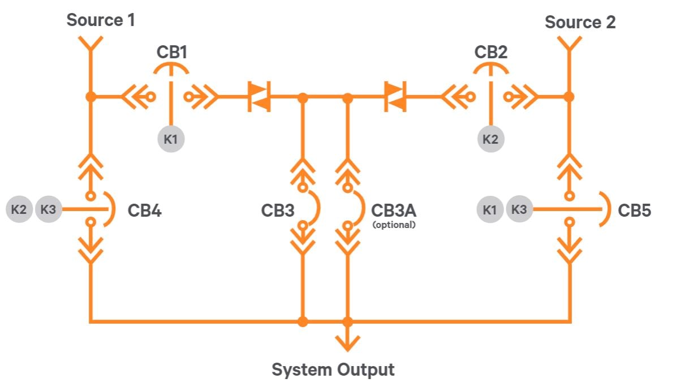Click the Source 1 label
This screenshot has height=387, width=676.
pyautogui.click(x=101, y=20)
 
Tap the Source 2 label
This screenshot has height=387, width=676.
pyautogui.click(x=580, y=22)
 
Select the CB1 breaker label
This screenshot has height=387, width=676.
pyautogui.click(x=171, y=53)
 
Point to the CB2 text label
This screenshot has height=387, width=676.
pyautogui.click(x=490, y=53)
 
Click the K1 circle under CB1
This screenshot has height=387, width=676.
pyautogui.click(x=171, y=139)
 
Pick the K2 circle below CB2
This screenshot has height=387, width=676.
pyautogui.click(x=490, y=139)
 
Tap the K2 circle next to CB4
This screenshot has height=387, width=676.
pyautogui.click(x=19, y=209)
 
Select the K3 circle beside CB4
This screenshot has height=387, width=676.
pyautogui.click(x=49, y=209)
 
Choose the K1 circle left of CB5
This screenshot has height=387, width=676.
pyautogui.click(x=490, y=209)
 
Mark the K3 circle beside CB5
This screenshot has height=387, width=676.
pyautogui.click(x=519, y=209)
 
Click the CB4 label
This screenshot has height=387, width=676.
pyautogui.click(x=144, y=211)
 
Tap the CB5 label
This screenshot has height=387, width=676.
pyautogui.click(x=634, y=211)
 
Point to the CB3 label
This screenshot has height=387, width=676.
pyautogui.click(x=277, y=211)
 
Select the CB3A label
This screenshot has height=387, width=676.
pyautogui.click(x=394, y=210)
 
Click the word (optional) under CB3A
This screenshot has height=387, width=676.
pyautogui.click(x=394, y=225)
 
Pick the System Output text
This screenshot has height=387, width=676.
pyautogui.click(x=333, y=370)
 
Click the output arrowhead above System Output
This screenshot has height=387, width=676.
pyautogui.click(x=348, y=343)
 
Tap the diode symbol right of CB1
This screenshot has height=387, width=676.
pyautogui.click(x=260, y=97)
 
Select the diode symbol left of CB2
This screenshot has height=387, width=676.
pyautogui.click(x=395, y=97)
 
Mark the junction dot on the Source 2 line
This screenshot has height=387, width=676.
pyautogui.click(x=569, y=97)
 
